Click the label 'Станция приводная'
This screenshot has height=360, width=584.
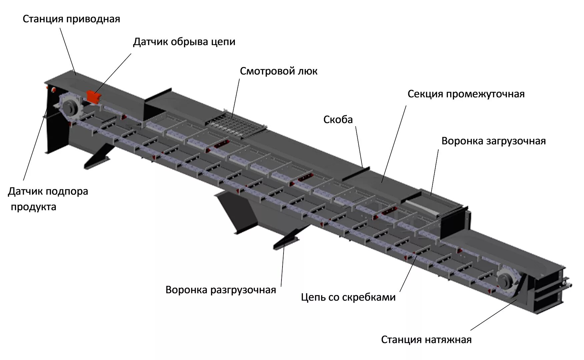[x=71, y=19]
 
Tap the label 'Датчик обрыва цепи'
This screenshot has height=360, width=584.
[x=184, y=42]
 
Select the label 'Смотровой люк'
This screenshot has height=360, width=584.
[x=278, y=71]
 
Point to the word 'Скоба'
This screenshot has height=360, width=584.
[x=338, y=120]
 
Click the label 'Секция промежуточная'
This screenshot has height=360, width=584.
[x=466, y=94]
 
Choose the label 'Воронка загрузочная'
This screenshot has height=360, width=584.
[x=493, y=141]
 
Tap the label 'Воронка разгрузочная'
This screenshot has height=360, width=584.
[x=220, y=290]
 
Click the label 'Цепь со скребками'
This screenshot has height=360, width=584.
[x=348, y=297]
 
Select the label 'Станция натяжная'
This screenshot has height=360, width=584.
[x=426, y=340]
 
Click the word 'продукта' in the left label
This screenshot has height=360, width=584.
[x=33, y=207]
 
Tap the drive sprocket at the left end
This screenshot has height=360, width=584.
[x=71, y=107]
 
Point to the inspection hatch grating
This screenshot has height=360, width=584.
[x=235, y=125]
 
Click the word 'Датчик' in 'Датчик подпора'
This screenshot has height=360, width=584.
[x=25, y=192]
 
